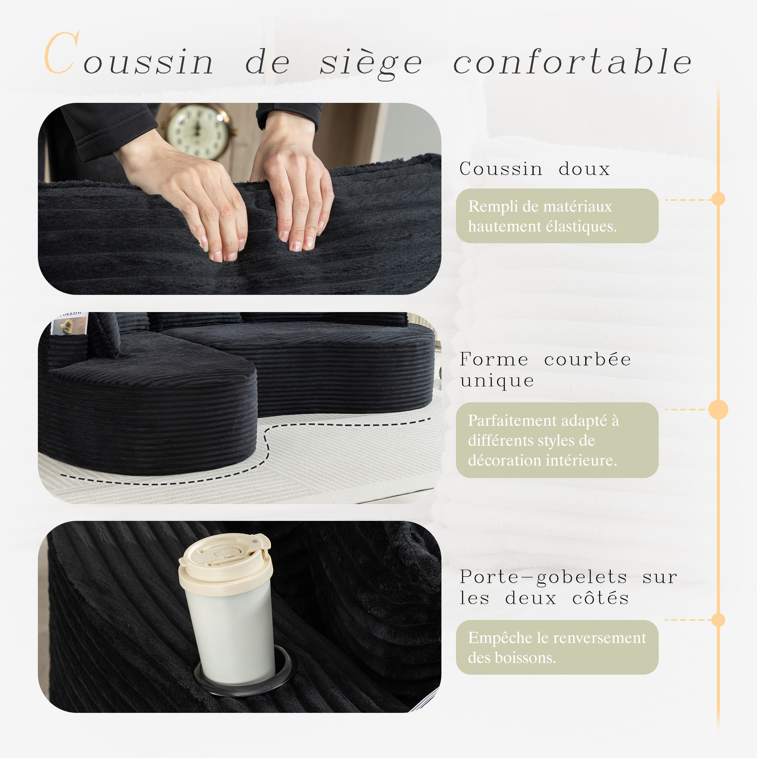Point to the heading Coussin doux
click(535, 169)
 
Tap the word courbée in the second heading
click(588, 360)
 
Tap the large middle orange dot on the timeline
click(718, 410)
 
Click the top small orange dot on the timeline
click(718, 199)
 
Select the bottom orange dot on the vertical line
click(718, 620)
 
